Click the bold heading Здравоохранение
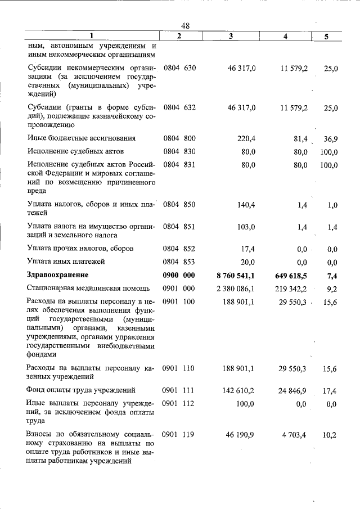(x=58, y=274)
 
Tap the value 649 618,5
(x=289, y=274)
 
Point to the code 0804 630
(x=179, y=67)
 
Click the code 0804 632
(x=179, y=107)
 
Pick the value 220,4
(x=246, y=138)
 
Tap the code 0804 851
(x=179, y=226)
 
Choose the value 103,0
(x=246, y=226)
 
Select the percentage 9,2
(x=331, y=289)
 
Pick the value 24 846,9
(x=292, y=390)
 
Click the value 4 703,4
(x=294, y=435)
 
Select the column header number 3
(x=231, y=36)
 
